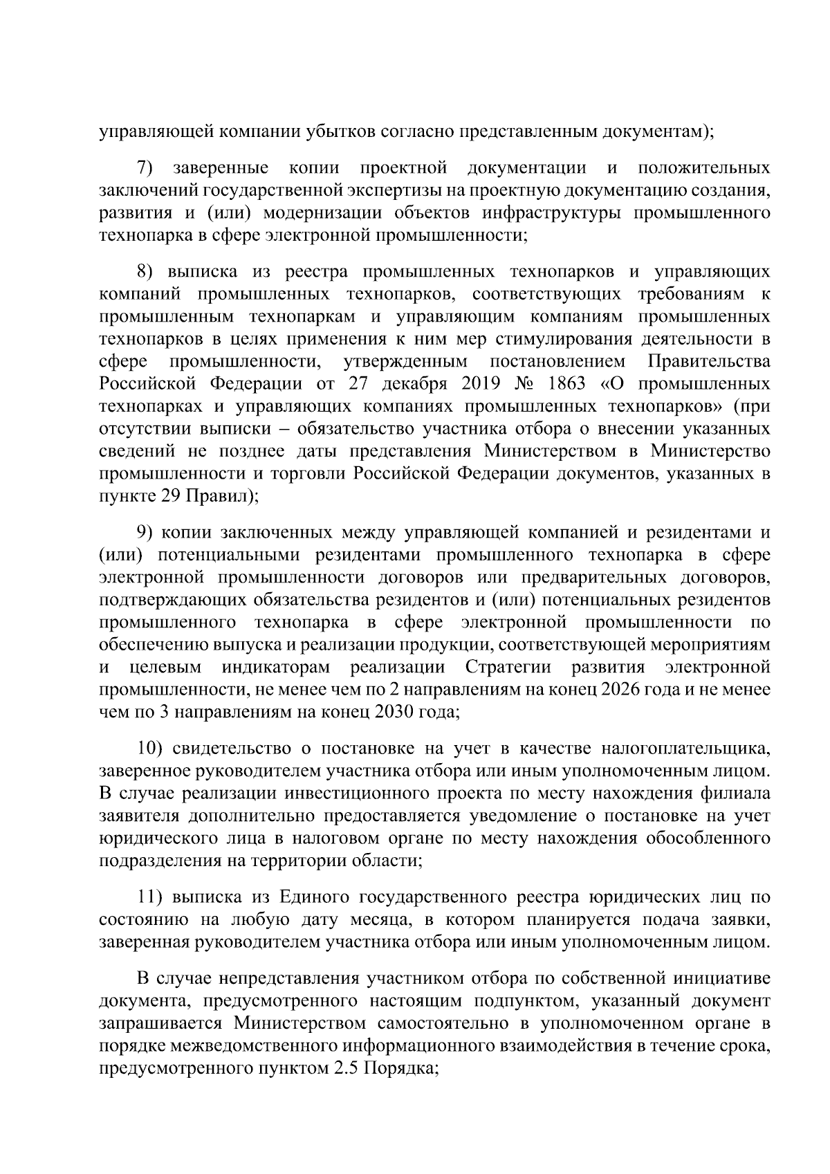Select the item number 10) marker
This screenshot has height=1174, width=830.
[149, 749]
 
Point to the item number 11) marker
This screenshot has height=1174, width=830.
[149, 898]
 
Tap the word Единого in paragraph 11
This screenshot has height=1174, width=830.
[313, 898]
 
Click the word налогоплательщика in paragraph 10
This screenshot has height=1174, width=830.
[685, 749]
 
